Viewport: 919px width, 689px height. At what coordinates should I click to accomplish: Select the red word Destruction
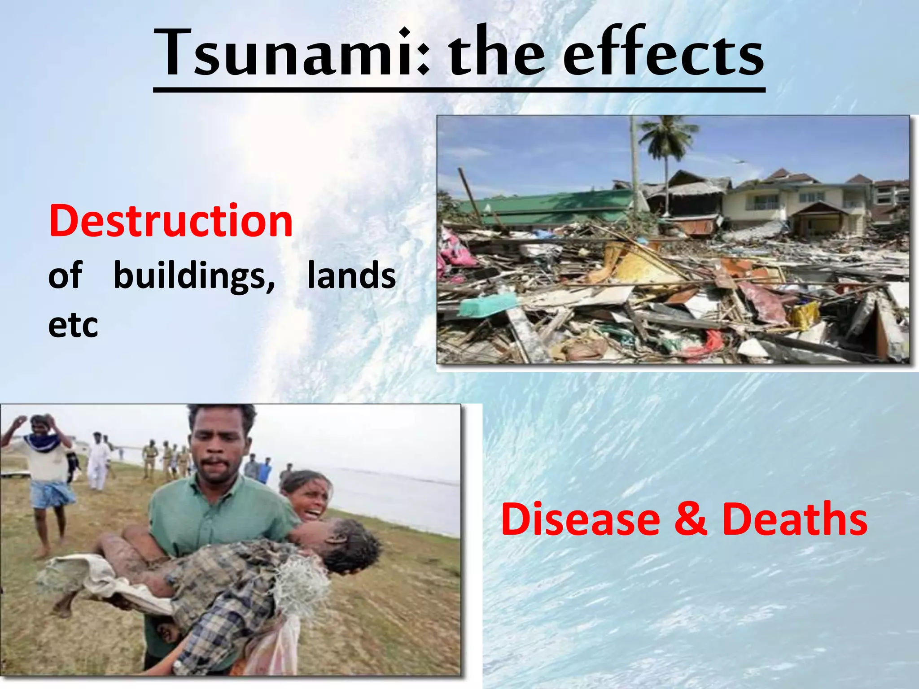(x=171, y=221)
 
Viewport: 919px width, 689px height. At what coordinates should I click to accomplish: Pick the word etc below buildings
(x=73, y=325)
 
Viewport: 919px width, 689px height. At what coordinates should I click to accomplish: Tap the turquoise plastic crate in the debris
(x=487, y=305)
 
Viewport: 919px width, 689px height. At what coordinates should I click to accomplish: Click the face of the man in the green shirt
(x=219, y=453)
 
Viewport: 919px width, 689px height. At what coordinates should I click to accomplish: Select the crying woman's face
(x=310, y=496)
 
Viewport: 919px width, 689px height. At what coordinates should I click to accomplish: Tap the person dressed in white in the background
(x=98, y=462)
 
